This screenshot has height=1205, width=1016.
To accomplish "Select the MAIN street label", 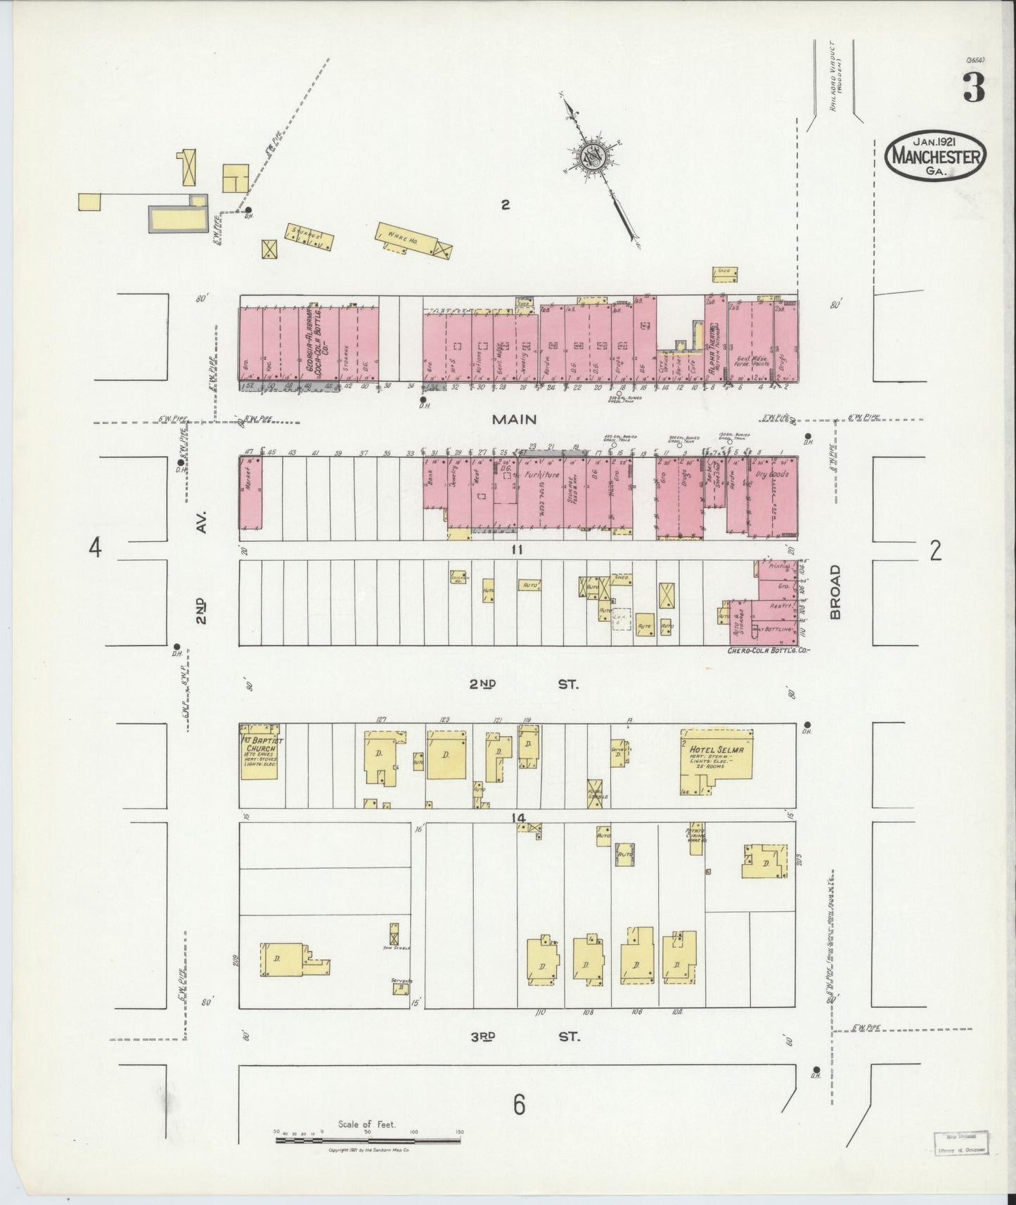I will click(x=514, y=419).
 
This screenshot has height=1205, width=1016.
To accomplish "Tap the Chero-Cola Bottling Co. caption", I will click(x=769, y=651).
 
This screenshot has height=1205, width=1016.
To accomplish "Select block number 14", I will click(x=519, y=818).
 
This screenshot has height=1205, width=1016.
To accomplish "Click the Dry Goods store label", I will click(x=773, y=475).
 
